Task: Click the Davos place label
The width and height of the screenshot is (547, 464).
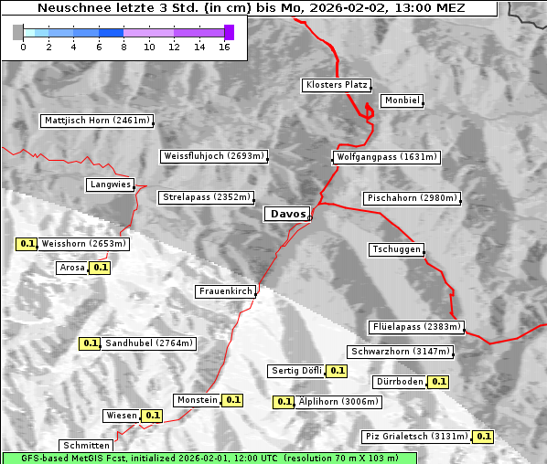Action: point(287,214)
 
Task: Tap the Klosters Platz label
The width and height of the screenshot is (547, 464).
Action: point(335,85)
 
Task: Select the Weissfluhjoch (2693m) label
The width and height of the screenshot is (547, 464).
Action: point(213,156)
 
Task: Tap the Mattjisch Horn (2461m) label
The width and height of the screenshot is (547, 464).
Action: point(98,121)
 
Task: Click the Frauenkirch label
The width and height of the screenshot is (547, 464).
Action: point(225,291)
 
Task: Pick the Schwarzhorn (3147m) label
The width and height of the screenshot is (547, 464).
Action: point(400,352)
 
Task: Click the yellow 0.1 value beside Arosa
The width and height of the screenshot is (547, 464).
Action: point(100,269)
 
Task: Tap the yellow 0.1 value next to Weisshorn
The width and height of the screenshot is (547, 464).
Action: point(27,244)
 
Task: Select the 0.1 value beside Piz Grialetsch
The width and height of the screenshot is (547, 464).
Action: point(484,437)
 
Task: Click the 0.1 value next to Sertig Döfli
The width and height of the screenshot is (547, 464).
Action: point(337,371)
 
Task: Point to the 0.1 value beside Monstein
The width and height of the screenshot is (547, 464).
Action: point(232,400)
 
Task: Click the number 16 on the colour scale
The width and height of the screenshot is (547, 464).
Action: point(224,47)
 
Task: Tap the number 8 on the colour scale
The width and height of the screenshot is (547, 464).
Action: point(123,47)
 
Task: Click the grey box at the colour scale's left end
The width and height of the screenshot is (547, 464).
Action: point(18,32)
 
